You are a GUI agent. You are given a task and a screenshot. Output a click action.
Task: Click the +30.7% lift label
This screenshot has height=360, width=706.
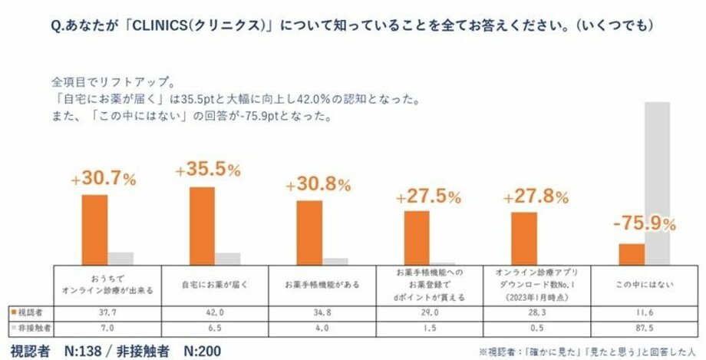click(x=103, y=179)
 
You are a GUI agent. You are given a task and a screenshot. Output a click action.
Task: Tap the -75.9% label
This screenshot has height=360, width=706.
click(x=645, y=224)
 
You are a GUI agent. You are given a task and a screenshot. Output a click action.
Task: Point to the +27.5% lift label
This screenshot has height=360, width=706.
click(x=428, y=197)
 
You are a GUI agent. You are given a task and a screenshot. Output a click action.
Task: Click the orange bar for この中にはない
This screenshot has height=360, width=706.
click(x=632, y=254)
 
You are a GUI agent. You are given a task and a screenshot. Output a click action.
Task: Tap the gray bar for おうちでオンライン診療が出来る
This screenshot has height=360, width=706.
click(x=120, y=258)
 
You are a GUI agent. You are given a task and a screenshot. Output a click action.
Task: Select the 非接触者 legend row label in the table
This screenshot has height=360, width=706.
click(x=32, y=328)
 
